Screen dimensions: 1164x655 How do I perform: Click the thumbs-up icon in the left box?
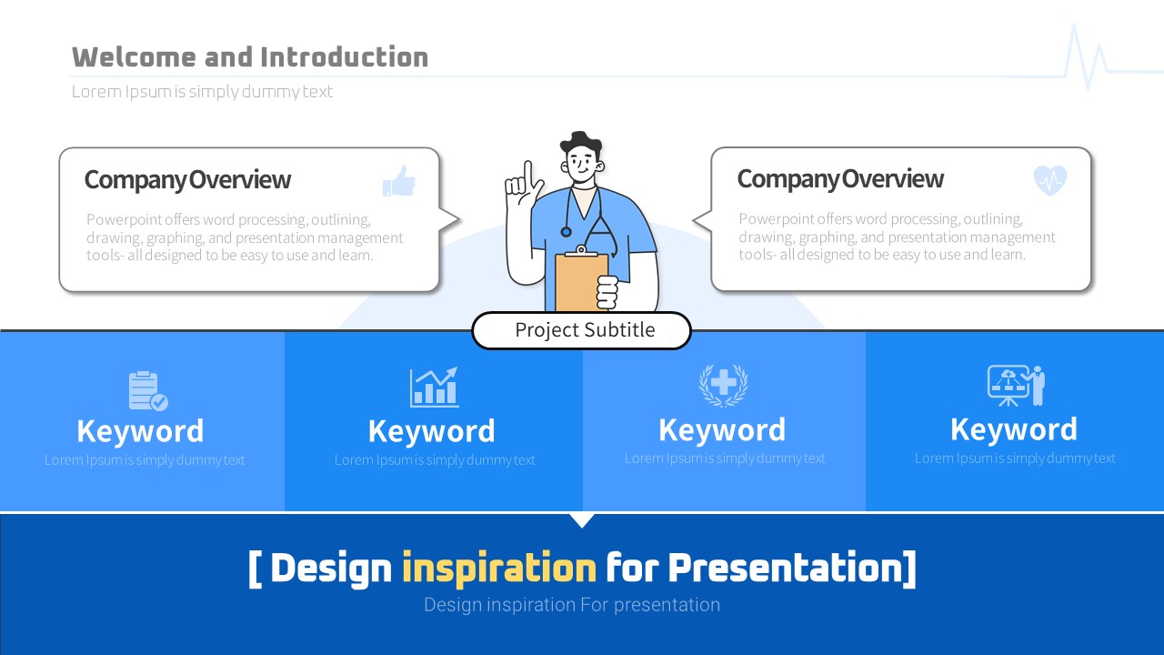tap(399, 181)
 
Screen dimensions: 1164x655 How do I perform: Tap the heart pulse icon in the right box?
tap(1049, 180)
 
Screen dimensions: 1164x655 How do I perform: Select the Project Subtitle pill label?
tap(581, 330)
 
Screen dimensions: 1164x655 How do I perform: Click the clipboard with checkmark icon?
tap(147, 391)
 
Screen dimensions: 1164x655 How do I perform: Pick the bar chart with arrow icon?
tap(434, 387)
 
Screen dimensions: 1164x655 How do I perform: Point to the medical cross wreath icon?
tap(723, 385)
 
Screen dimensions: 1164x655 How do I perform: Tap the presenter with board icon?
tap(1016, 386)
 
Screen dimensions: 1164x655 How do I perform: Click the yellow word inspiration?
tap(499, 568)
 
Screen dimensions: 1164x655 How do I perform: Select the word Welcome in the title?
tap(134, 56)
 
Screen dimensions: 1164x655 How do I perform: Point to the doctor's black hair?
tap(581, 142)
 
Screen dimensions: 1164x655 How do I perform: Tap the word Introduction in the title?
tap(344, 56)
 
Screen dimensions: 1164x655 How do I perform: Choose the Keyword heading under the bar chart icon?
tap(431, 431)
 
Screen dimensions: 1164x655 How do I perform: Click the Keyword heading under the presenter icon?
tap(1014, 429)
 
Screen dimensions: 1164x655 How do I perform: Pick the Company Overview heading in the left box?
tap(187, 180)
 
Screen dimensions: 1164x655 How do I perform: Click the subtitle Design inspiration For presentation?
tap(572, 605)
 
